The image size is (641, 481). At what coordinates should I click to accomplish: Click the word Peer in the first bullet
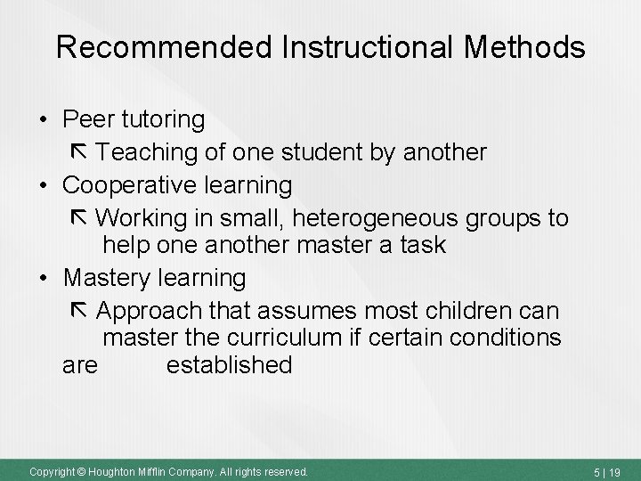(87, 118)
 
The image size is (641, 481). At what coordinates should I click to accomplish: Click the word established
(229, 364)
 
